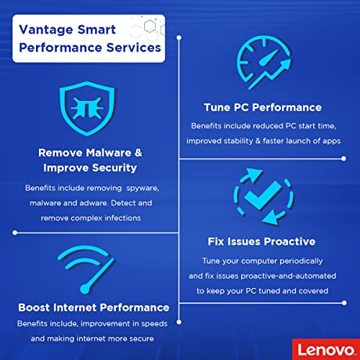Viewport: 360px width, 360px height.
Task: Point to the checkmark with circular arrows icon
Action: click(262, 194)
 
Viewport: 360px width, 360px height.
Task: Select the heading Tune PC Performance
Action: click(262, 107)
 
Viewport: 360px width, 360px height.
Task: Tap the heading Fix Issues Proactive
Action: click(262, 241)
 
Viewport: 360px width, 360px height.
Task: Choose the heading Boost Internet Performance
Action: click(93, 307)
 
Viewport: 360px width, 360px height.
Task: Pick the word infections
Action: click(123, 217)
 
